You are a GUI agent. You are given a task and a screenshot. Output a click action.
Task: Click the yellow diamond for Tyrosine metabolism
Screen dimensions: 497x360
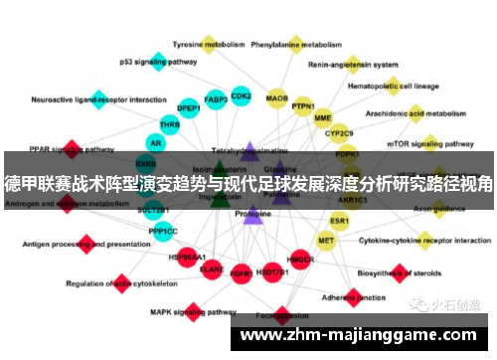tap(209, 43)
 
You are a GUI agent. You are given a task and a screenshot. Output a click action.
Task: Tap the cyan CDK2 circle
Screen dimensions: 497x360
tap(241, 95)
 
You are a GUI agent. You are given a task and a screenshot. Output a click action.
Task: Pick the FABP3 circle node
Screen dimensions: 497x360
tap(216, 99)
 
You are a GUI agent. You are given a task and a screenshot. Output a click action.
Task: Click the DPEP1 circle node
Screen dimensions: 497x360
tap(188, 108)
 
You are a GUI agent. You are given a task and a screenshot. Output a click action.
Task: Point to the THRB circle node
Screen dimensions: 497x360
tap(169, 125)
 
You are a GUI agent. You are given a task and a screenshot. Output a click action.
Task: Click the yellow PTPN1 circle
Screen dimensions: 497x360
tap(303, 106)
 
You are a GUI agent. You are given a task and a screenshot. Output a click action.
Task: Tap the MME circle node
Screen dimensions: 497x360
tap(323, 117)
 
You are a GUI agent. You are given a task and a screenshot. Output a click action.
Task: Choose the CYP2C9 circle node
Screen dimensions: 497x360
tap(340, 133)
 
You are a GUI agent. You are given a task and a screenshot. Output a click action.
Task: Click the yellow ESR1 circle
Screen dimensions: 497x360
tap(340, 221)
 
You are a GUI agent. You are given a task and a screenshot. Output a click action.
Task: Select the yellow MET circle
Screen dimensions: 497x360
tap(326, 241)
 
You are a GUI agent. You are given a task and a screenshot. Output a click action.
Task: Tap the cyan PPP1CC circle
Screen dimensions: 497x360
tap(163, 232)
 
